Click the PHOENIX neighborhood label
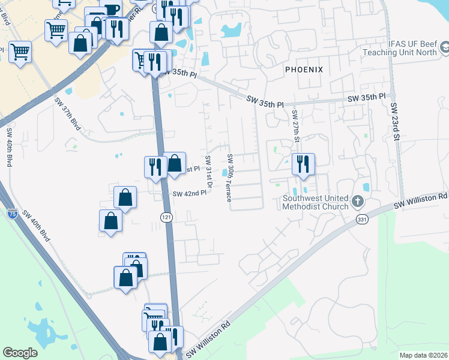coord(304,70)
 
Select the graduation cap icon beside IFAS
coord(445,47)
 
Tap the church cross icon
coord(358,201)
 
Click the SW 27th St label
coord(295,125)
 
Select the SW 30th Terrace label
coord(229,178)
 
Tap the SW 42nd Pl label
coord(189,194)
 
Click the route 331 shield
coord(361,220)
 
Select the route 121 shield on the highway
coord(167,215)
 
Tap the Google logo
coord(20,353)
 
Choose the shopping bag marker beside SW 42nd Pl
coord(125,197)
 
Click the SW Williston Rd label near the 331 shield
coord(420,201)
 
